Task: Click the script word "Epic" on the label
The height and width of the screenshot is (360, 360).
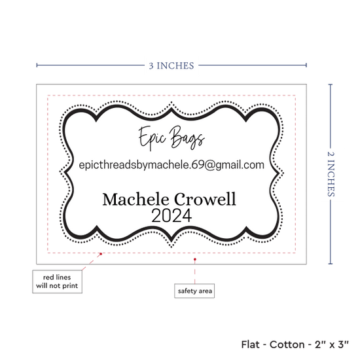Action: pyautogui.click(x=152, y=138)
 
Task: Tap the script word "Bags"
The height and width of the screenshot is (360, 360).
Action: pyautogui.click(x=187, y=137)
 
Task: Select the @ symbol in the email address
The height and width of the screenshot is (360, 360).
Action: pyautogui.click(x=209, y=165)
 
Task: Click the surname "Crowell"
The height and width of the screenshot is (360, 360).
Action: pyautogui.click(x=205, y=199)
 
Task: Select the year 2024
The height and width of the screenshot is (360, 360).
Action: pyautogui.click(x=171, y=215)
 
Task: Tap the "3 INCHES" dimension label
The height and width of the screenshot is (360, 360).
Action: pyautogui.click(x=171, y=65)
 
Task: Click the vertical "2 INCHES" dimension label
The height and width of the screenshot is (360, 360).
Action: pyautogui.click(x=331, y=174)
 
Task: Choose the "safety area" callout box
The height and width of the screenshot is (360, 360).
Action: pyautogui.click(x=194, y=291)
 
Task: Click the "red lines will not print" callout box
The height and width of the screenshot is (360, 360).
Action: pyautogui.click(x=57, y=281)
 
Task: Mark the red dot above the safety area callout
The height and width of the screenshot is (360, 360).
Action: pyautogui.click(x=194, y=259)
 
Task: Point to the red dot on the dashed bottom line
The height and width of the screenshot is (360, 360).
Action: pyautogui.click(x=101, y=254)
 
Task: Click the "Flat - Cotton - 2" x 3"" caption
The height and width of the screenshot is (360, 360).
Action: pyautogui.click(x=295, y=344)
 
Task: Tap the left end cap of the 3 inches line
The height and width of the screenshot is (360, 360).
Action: pyautogui.click(x=37, y=65)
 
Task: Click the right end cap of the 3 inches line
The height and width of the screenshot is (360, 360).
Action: pyautogui.click(x=306, y=65)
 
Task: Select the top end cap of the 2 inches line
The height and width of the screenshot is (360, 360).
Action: pyautogui.click(x=331, y=84)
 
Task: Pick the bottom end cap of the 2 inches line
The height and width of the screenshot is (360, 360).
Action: pyautogui.click(x=331, y=264)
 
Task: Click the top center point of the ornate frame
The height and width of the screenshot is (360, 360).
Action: pyautogui.click(x=171, y=102)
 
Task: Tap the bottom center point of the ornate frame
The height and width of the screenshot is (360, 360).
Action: pyautogui.click(x=171, y=247)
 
